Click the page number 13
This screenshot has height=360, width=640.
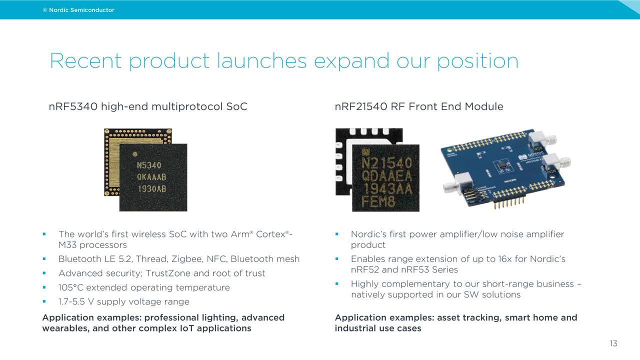coord(613,343)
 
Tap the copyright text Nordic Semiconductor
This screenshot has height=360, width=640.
coord(78,10)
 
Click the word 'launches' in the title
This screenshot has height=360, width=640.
coord(261,61)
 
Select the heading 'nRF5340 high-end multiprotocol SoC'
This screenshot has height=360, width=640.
coord(148,106)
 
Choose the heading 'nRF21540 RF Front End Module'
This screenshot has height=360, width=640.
coord(419,106)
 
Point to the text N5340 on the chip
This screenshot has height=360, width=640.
coord(149,165)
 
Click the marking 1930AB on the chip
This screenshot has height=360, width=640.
coord(151,189)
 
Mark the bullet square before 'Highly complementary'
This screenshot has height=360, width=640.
coord(338,284)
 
